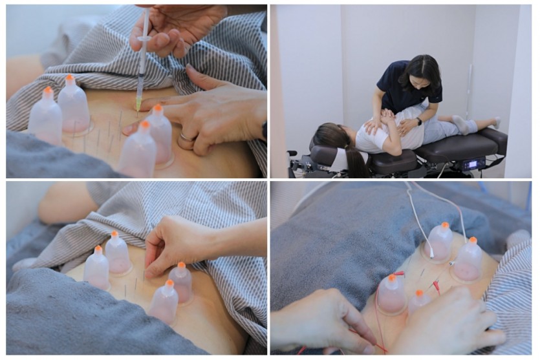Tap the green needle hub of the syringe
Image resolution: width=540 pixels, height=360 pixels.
(138, 103)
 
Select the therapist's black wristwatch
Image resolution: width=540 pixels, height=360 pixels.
(420, 121)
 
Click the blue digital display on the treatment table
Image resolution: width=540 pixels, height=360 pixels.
(473, 164)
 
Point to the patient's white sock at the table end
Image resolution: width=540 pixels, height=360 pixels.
(494, 123)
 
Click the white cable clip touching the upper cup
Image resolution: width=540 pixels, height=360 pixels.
(431, 253)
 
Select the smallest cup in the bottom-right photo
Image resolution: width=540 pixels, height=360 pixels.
(419, 301)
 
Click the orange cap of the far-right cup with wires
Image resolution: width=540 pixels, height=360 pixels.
(473, 240)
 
